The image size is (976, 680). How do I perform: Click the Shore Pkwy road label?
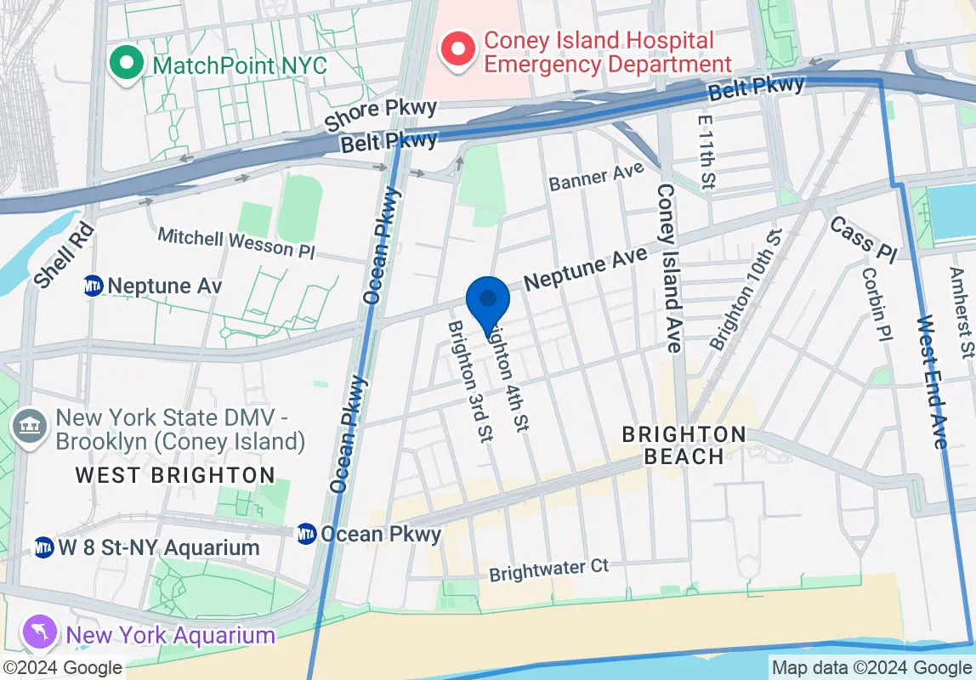pyautogui.click(x=381, y=115)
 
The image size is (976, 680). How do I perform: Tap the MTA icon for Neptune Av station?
pyautogui.click(x=94, y=286)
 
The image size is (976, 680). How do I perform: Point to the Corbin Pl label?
pyautogui.click(x=877, y=303)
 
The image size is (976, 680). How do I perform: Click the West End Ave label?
pyautogui.click(x=932, y=382)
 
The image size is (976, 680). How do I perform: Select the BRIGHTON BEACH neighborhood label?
pyautogui.click(x=684, y=445)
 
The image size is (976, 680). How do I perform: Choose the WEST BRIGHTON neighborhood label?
pyautogui.click(x=175, y=475)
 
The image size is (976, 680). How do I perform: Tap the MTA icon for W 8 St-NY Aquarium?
pyautogui.click(x=44, y=547)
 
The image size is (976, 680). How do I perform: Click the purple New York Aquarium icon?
pyautogui.click(x=42, y=633)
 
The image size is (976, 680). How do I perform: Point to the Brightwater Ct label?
pyautogui.click(x=549, y=570)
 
